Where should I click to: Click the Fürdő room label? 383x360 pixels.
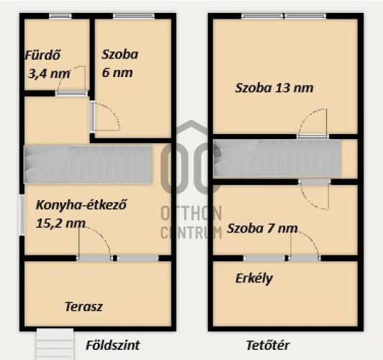42,55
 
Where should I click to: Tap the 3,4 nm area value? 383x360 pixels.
50,73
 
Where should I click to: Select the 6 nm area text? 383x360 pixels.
117,73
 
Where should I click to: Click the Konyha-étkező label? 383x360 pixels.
81,205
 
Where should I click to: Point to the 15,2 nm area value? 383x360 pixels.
60,223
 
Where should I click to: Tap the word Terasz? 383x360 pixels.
84,307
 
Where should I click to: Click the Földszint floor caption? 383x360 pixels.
113,346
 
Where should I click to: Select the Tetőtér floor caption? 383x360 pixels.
268,346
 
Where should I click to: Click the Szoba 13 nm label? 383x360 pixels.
274,88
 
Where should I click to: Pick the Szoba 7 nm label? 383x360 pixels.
262,229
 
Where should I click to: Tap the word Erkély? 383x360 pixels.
254,279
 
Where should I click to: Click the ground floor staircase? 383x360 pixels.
88,164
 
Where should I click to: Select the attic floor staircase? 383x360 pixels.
277,158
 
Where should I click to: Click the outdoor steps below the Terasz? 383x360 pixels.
55,344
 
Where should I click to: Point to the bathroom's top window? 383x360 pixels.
60,16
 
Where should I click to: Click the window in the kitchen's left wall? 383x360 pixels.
22,215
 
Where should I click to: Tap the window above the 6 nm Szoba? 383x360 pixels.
134,16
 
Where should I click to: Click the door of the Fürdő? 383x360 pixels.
71,93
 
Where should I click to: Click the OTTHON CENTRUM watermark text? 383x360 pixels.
191,222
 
